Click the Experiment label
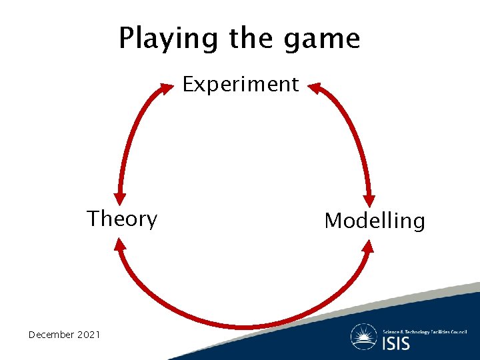(x=241, y=85)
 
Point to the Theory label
(x=122, y=219)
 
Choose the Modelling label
(x=374, y=221)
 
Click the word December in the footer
(x=51, y=334)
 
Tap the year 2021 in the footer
(x=89, y=334)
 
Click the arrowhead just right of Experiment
(x=315, y=88)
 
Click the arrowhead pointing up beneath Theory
(x=120, y=245)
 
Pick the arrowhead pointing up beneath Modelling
(x=368, y=247)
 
